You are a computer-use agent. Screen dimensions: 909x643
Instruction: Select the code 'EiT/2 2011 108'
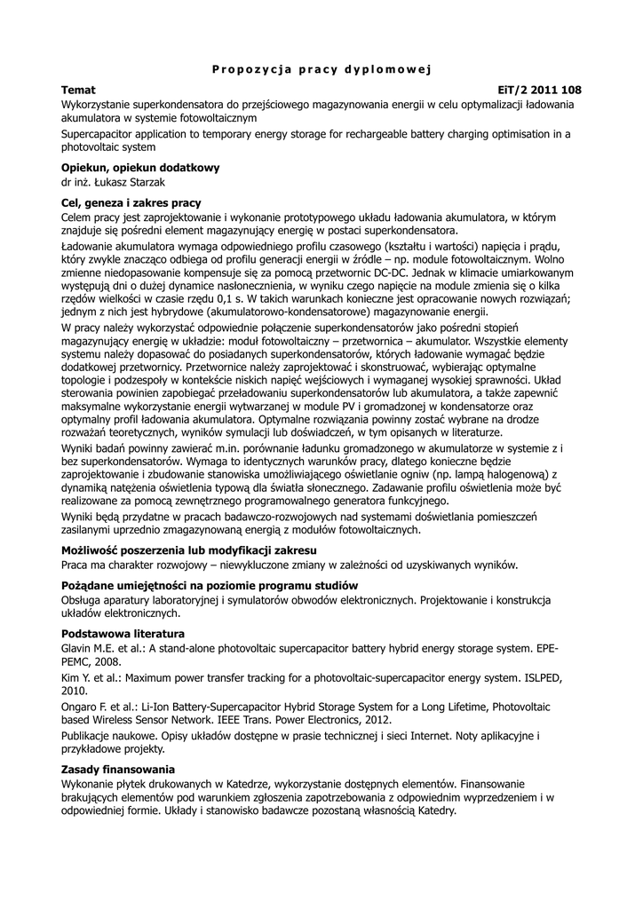click(x=540, y=91)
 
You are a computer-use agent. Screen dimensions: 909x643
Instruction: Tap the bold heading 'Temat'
click(x=78, y=91)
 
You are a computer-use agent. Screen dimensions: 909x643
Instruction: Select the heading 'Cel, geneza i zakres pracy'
click(x=131, y=203)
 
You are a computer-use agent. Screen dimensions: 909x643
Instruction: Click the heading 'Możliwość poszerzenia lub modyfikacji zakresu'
click(x=189, y=551)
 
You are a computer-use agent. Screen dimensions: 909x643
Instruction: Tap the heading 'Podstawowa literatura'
click(x=123, y=633)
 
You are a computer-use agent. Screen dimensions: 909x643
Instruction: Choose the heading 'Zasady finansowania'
click(x=117, y=769)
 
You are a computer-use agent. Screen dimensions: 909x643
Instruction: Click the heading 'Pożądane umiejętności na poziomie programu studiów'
click(x=210, y=586)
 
